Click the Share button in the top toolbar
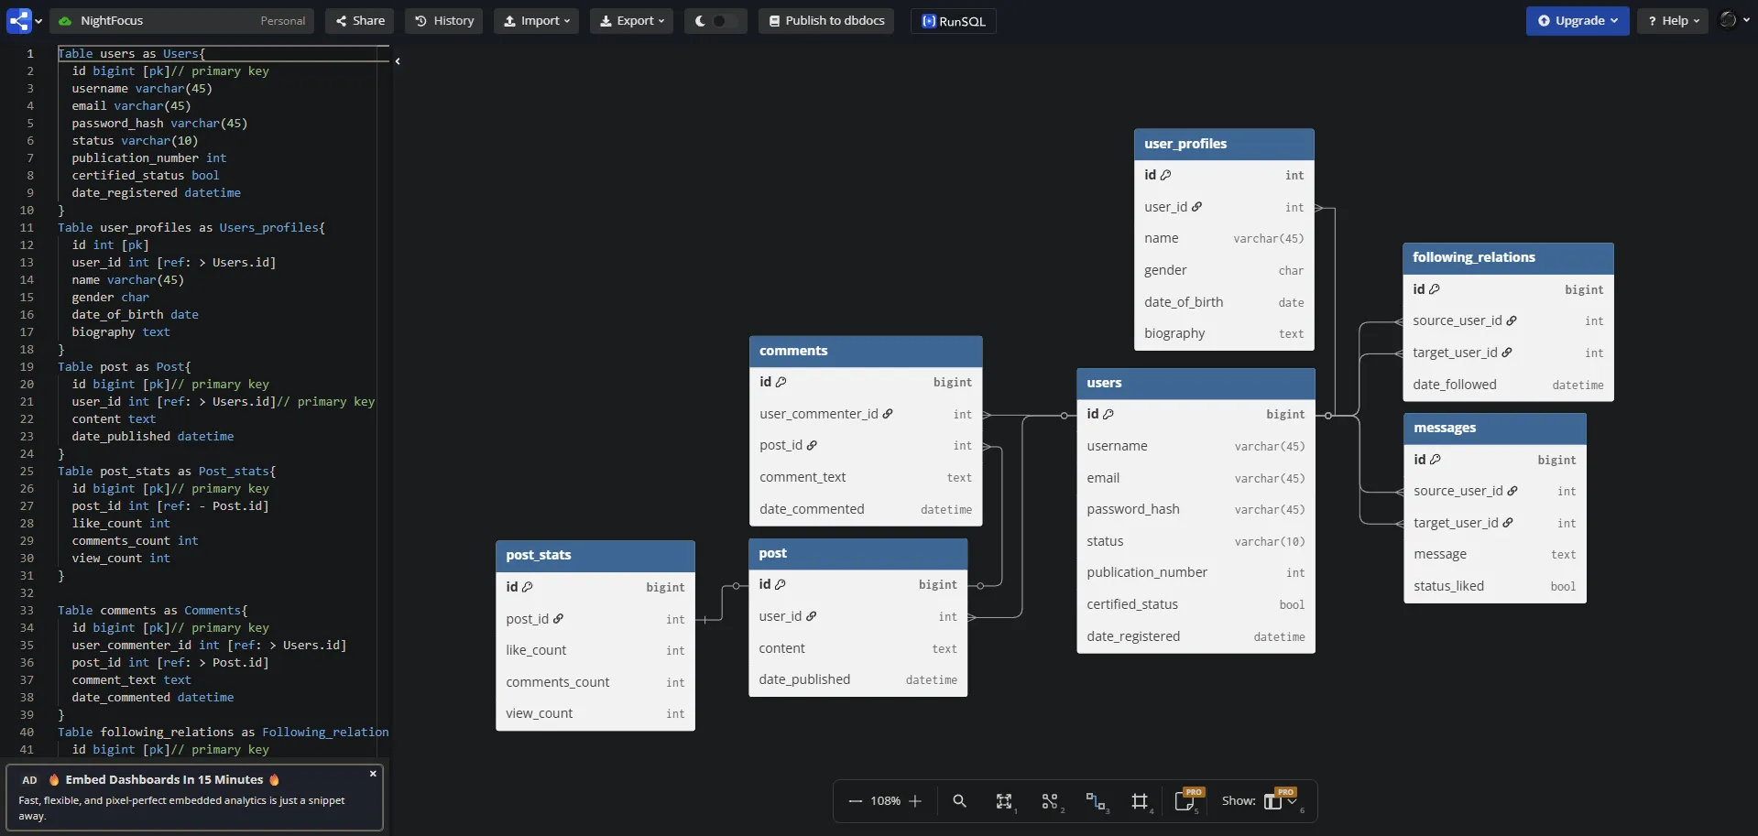359,21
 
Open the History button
444,21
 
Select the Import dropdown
536,21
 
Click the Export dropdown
631,21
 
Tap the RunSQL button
953,21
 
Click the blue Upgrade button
1577,21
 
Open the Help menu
1673,21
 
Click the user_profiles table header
1224,144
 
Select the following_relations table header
1508,257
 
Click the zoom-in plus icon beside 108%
914,801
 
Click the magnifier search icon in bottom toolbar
959,801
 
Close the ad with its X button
373,774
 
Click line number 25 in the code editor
27,472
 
